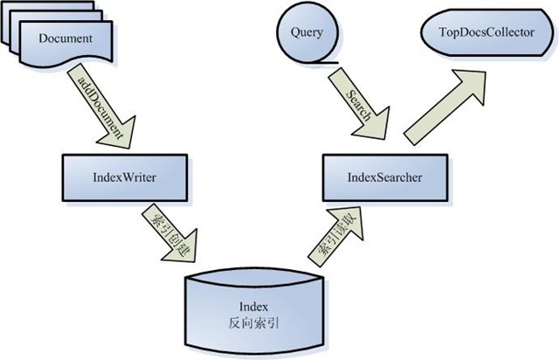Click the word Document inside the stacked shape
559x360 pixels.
(66, 38)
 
